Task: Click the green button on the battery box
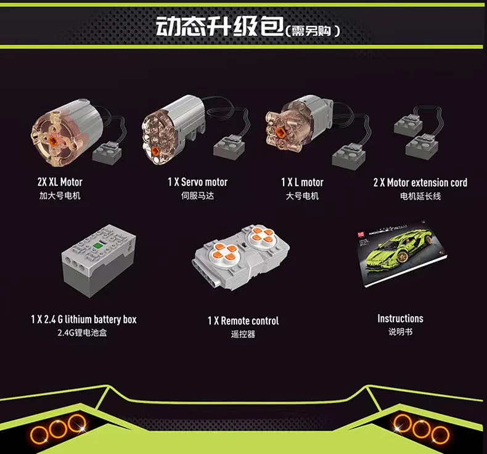point(98,245)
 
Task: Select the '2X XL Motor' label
point(60,182)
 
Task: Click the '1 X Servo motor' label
point(197,182)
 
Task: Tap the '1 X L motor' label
point(302,182)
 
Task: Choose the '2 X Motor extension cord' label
point(420,182)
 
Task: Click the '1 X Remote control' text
point(243,320)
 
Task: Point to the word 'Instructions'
point(400,318)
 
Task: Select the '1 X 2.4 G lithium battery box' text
point(84,319)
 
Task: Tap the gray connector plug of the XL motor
point(107,152)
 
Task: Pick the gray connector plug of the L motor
point(348,156)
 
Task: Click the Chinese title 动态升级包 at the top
point(220,26)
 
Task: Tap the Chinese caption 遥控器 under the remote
point(243,334)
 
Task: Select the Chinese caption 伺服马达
point(197,196)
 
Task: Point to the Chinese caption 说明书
point(400,332)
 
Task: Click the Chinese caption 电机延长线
point(420,196)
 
